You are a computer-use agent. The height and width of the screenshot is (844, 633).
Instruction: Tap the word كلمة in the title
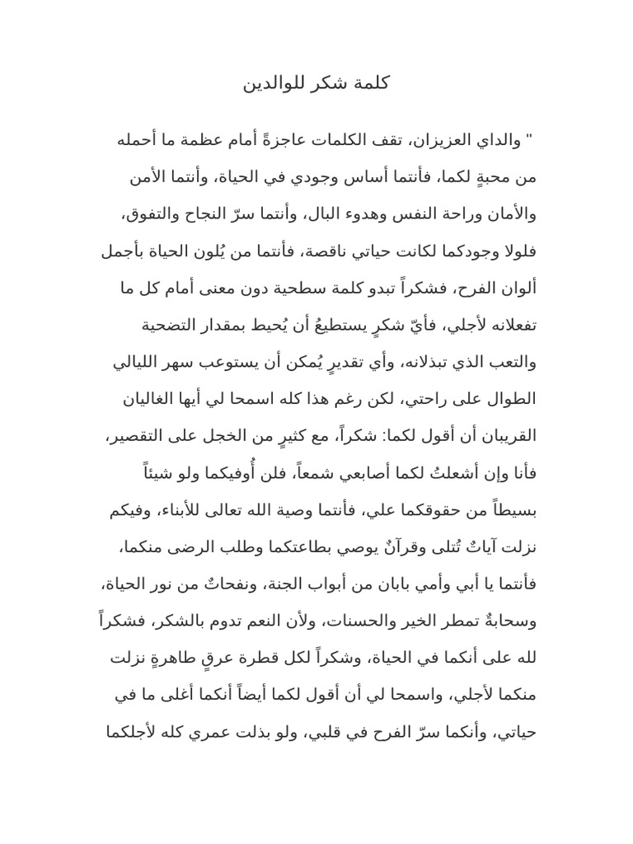(371, 84)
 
